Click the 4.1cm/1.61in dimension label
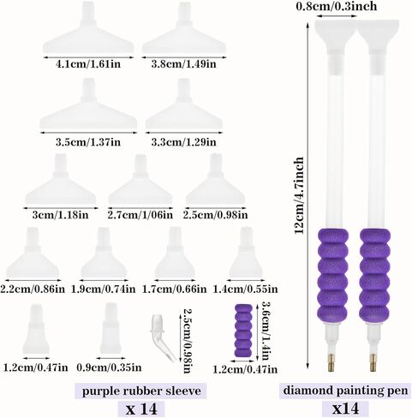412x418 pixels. coord(88,64)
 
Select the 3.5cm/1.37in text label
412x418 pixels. coord(88,142)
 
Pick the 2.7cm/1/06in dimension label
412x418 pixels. coord(140,215)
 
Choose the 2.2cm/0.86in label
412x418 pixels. coord(33,290)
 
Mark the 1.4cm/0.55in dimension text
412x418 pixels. coord(245,290)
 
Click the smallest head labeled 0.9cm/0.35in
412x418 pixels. coord(110,331)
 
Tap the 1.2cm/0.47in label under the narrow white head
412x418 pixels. coord(36,367)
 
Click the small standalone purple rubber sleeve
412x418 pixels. coord(243,331)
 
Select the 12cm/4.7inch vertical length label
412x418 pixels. coord(299,195)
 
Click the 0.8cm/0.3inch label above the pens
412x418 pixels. coord(337,6)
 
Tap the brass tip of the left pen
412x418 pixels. coord(331,362)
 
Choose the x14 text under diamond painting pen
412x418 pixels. coord(346,409)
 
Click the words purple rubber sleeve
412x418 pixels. coord(141,391)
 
